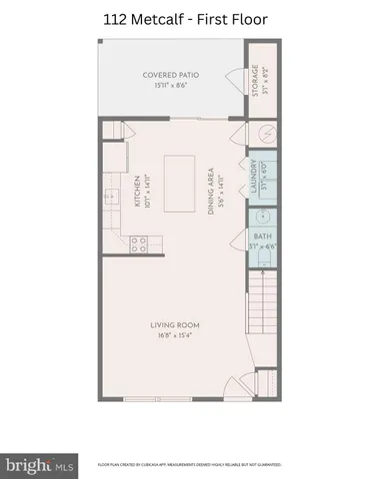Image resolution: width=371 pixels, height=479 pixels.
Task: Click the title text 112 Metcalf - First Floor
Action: click(185, 17)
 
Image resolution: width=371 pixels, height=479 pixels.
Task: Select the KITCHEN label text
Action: click(136, 189)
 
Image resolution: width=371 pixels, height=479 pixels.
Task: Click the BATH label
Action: click(258, 237)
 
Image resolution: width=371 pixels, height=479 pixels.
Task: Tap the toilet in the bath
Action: click(262, 262)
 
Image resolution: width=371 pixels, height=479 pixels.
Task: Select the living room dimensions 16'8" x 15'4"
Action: click(176, 335)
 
